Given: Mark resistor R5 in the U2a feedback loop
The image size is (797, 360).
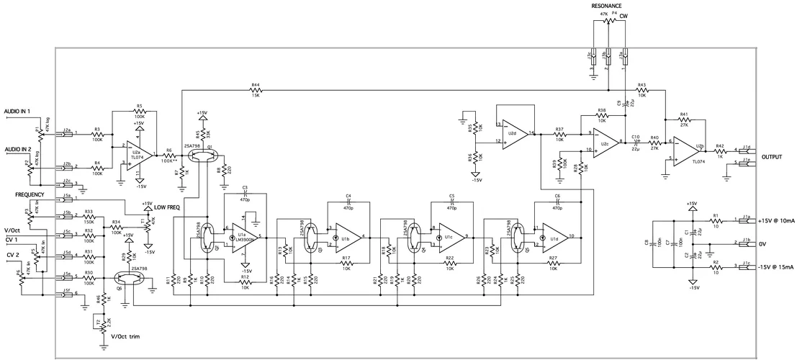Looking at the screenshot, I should (x=139, y=110).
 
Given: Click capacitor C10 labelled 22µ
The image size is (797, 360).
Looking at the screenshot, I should (x=636, y=142).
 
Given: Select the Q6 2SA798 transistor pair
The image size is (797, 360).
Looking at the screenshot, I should (x=124, y=277).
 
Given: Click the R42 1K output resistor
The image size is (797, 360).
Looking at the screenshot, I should (x=720, y=150).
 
